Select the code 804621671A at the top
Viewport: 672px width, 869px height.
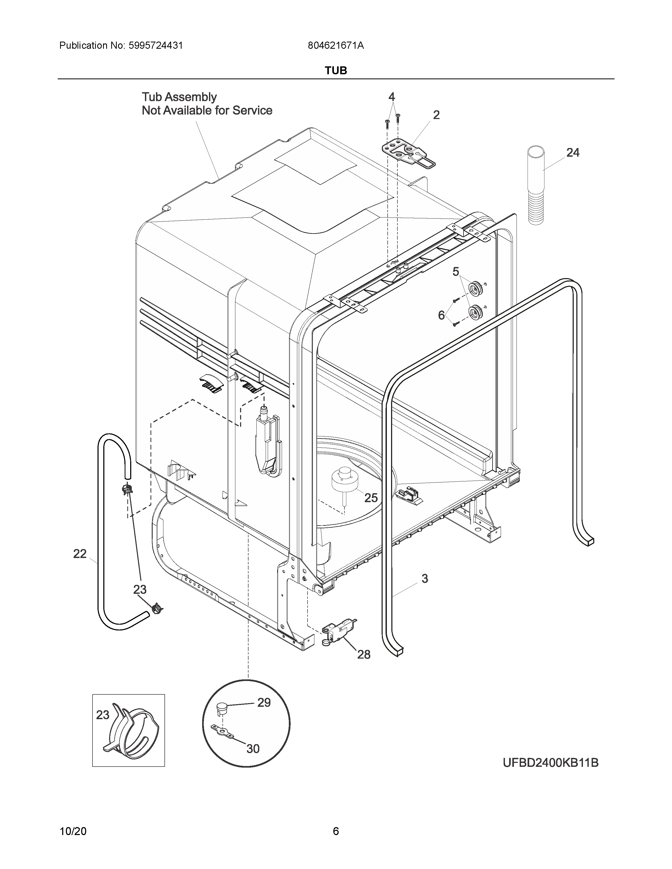(335, 46)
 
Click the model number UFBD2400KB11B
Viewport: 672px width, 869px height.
(551, 763)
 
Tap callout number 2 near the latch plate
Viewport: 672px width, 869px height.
(436, 115)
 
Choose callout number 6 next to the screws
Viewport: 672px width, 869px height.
(441, 315)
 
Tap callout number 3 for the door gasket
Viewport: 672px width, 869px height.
(425, 579)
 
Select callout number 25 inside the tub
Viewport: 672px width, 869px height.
(371, 498)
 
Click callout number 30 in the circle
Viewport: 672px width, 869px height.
(253, 749)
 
